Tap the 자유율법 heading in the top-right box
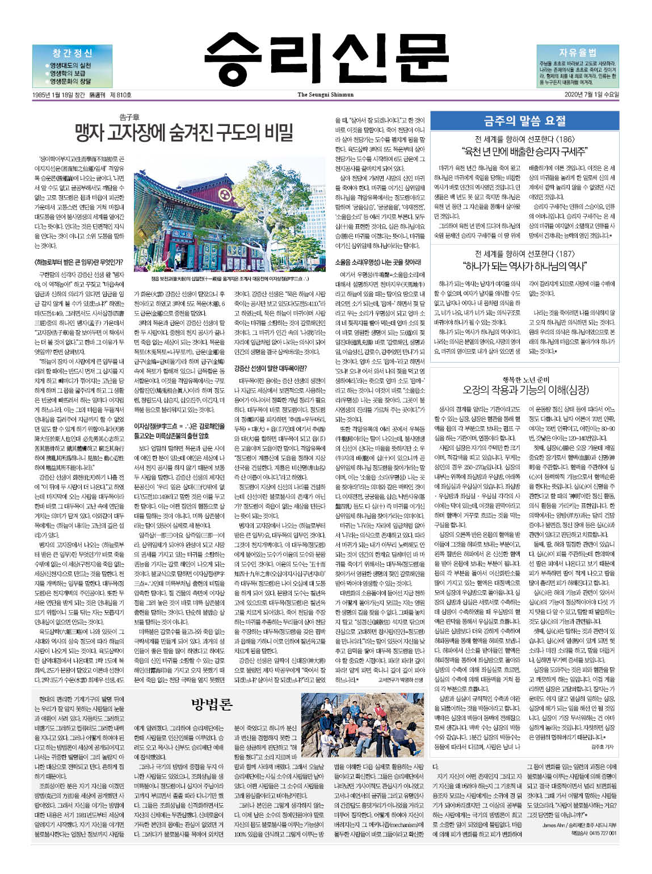577,52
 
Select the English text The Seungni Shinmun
325,95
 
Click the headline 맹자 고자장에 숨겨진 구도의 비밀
184,133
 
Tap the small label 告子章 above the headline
129,117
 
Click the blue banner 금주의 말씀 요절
524,120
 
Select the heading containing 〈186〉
524,139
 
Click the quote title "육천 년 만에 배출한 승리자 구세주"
524,151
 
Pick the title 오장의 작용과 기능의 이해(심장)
524,390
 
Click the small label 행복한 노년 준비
524,379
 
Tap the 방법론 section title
212,705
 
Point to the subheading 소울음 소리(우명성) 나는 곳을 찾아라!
378,262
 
